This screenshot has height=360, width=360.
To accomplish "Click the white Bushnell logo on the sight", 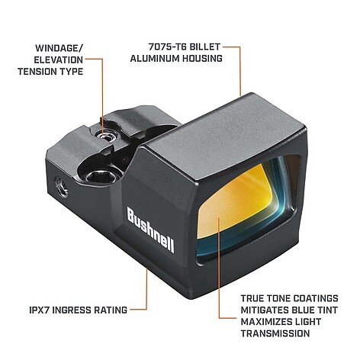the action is (150, 230).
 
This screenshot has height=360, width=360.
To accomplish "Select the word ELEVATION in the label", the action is (59, 60).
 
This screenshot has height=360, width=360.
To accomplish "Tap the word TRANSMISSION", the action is (275, 333).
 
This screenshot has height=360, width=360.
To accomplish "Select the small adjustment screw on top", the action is (105, 135).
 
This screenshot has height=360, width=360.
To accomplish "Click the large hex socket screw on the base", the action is (101, 175).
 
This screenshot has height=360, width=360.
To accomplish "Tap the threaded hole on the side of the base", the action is (61, 187).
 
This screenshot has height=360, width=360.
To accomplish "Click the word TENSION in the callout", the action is (37, 72).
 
